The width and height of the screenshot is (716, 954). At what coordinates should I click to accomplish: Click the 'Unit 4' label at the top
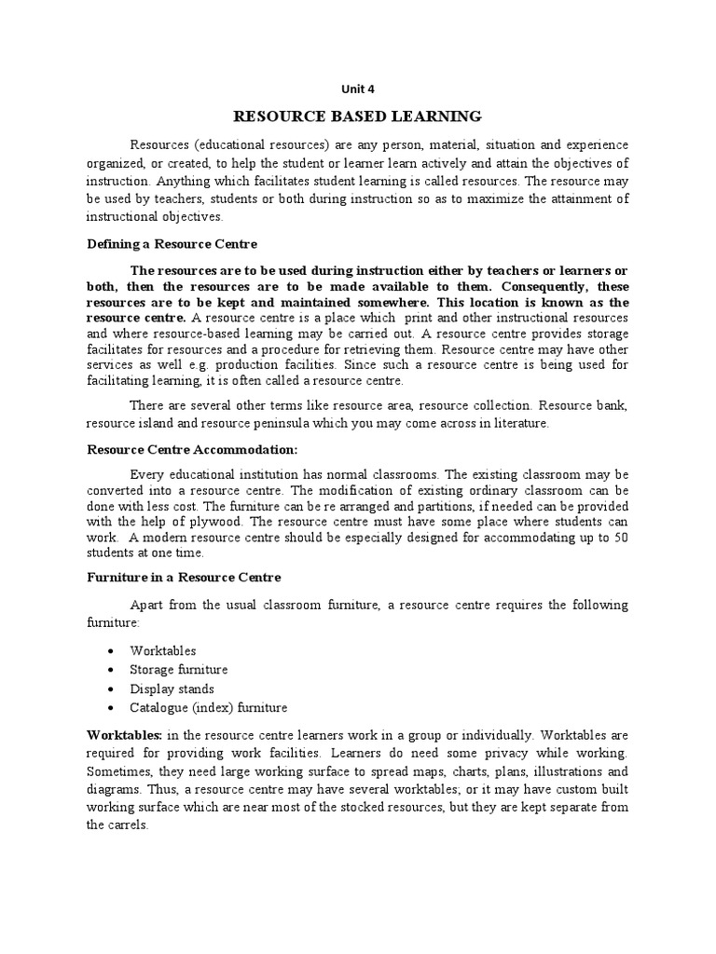[357, 89]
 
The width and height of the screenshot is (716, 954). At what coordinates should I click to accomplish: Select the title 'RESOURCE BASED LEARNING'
[357, 116]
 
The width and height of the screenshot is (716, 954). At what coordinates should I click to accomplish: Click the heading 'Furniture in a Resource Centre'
[184, 578]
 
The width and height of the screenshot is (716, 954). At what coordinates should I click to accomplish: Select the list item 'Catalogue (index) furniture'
[209, 707]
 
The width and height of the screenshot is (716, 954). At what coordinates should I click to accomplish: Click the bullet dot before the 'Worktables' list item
[113, 651]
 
